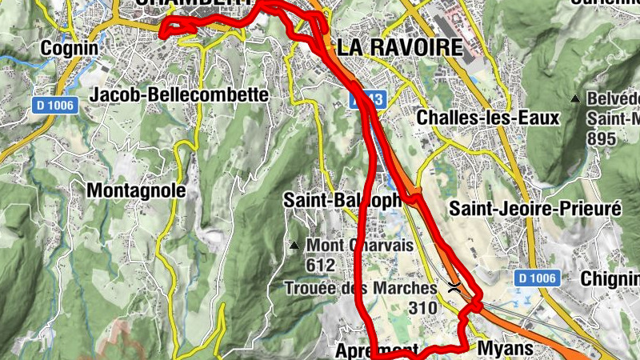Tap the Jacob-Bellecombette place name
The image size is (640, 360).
(x=179, y=94)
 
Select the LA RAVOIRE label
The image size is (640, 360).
(x=399, y=47)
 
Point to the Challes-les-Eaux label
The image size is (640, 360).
(x=488, y=118)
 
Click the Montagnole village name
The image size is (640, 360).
(x=135, y=190)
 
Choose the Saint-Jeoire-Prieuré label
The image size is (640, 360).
(x=535, y=209)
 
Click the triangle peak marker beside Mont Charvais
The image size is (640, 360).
(x=295, y=245)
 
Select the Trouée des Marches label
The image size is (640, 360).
(x=365, y=288)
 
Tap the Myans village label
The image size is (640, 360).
(x=504, y=349)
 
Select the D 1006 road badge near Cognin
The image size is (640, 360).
(x=55, y=105)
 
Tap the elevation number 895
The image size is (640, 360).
(x=601, y=139)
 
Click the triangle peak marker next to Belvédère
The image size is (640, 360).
(x=575, y=99)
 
